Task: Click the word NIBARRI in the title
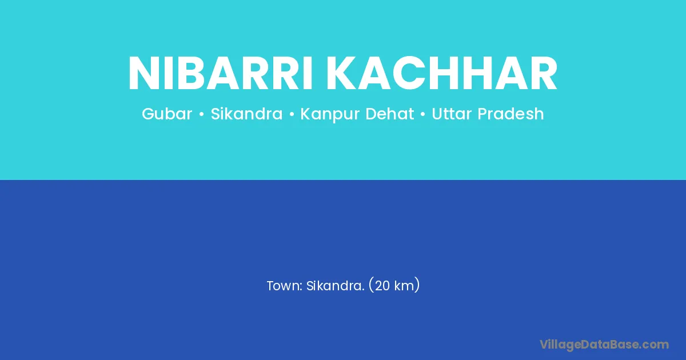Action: (221, 74)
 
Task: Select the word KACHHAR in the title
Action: (442, 74)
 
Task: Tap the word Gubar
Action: (167, 114)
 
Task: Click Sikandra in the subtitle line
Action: (246, 114)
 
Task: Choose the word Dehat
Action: (390, 114)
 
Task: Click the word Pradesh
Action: (511, 114)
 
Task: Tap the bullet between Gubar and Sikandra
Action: (201, 114)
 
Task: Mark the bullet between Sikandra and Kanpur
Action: (292, 114)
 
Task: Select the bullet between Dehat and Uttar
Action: (423, 114)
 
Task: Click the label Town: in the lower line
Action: (285, 286)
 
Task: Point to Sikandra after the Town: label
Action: (336, 286)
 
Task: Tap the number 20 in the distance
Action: (382, 286)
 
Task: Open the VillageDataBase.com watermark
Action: (604, 345)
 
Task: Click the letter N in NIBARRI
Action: (144, 74)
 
